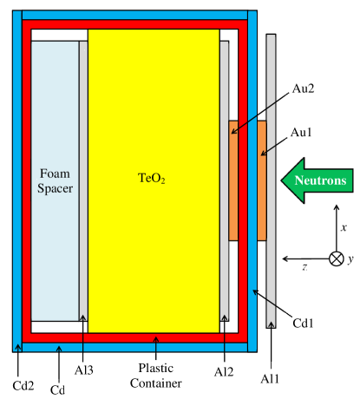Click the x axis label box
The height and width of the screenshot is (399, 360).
point(344,227)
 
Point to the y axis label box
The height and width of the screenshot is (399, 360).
point(350,259)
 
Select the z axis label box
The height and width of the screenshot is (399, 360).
point(304,265)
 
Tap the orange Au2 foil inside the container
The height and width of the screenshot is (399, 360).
point(233,180)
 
